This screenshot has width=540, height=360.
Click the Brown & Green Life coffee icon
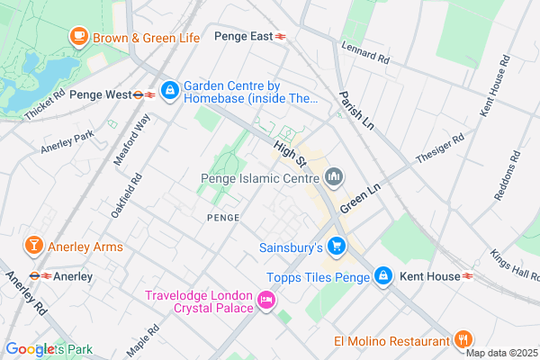tap(79, 37)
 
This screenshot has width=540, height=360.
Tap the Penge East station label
tap(243, 37)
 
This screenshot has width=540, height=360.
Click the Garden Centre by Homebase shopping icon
tap(169, 91)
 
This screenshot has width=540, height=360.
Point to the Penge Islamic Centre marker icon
tap(335, 176)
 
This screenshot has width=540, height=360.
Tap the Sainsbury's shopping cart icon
tap(337, 246)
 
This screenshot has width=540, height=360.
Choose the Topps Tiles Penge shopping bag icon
tap(382, 276)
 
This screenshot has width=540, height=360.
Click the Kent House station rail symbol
tap(469, 276)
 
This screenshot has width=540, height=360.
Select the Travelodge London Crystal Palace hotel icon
tap(265, 301)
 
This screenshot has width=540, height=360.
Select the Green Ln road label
tap(358, 195)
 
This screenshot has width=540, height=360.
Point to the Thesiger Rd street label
tap(440, 150)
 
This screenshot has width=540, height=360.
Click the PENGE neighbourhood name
tap(223, 218)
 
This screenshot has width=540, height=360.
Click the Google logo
tap(30, 348)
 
